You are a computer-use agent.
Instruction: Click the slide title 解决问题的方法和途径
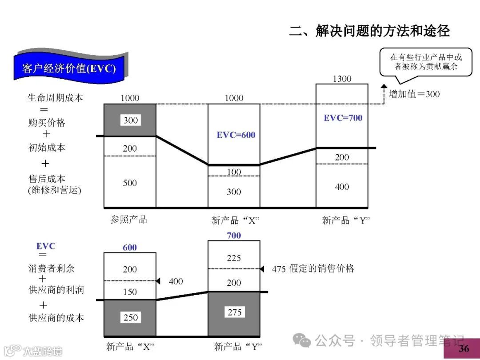pos(369,31)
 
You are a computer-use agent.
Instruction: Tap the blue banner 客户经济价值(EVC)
pos(69,68)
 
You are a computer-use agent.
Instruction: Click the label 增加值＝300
pos(414,94)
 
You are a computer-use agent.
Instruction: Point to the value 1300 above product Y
pos(342,79)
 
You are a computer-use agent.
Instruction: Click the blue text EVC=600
pos(236,135)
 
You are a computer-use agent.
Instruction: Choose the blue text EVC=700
pos(343,118)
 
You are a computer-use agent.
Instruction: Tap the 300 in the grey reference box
pos(131,120)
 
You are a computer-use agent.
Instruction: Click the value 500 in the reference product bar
pos(130,183)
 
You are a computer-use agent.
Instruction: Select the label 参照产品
pos(128,220)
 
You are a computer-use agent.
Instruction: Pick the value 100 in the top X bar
pos(234,172)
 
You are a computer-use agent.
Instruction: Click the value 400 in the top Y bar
pos(342,187)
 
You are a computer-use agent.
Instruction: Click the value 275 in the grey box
pos(234,312)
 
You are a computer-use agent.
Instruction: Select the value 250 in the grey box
pos(131,318)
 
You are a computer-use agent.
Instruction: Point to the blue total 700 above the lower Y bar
pos(234,236)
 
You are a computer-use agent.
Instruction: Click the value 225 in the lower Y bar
pos(234,258)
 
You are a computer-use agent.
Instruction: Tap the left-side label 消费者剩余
pos(51,268)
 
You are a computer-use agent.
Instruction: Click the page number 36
pos(464,348)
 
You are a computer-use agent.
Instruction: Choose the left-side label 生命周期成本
pos(55,97)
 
